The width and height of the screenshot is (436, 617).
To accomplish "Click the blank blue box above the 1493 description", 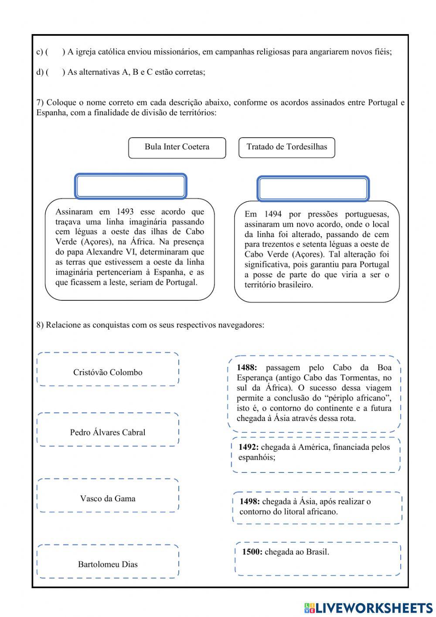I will tap(131, 186).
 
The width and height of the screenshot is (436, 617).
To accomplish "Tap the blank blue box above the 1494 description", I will tap(313, 189).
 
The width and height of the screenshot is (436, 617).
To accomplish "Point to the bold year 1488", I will tap(247, 368).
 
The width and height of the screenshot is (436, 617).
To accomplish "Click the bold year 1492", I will tap(249, 447).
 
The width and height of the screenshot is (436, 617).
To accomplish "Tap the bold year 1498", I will tap(250, 502).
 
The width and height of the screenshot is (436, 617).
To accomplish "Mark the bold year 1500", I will tap(252, 552).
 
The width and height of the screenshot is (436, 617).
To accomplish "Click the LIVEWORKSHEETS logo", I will tap(368, 607).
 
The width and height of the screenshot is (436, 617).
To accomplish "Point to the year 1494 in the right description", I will tap(273, 214).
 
